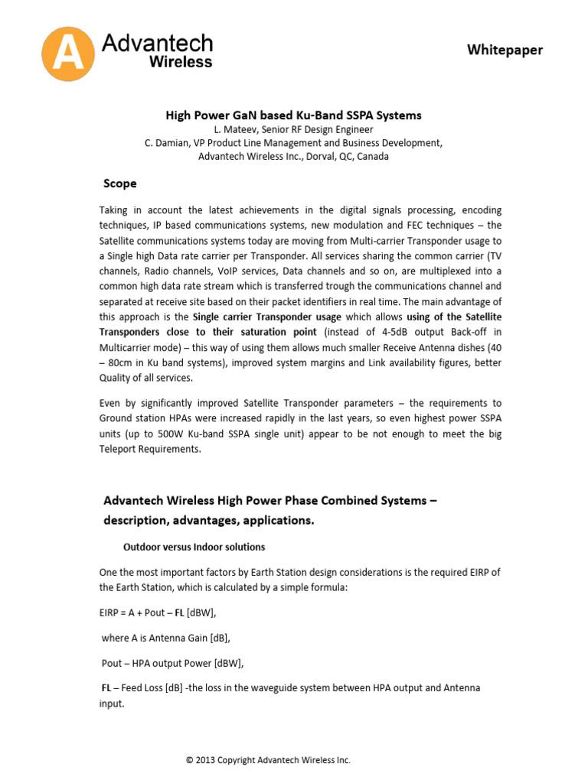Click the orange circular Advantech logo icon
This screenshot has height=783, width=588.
click(x=69, y=53)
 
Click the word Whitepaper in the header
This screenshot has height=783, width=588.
click(x=505, y=50)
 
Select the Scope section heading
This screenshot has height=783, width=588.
click(x=120, y=184)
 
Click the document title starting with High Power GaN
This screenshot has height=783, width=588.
click(x=294, y=115)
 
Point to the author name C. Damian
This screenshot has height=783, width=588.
click(x=168, y=143)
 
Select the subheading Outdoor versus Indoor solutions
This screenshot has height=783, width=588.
click(x=194, y=547)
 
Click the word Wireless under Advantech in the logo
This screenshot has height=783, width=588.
click(x=180, y=62)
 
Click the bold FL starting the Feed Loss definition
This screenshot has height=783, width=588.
click(x=106, y=687)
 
